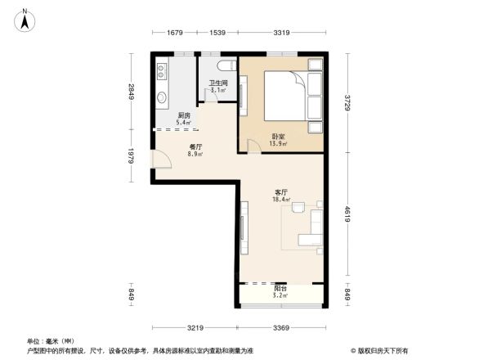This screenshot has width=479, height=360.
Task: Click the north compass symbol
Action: point(27,19)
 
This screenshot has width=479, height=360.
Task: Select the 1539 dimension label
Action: point(217,33)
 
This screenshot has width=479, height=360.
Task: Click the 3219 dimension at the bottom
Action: point(195,328)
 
